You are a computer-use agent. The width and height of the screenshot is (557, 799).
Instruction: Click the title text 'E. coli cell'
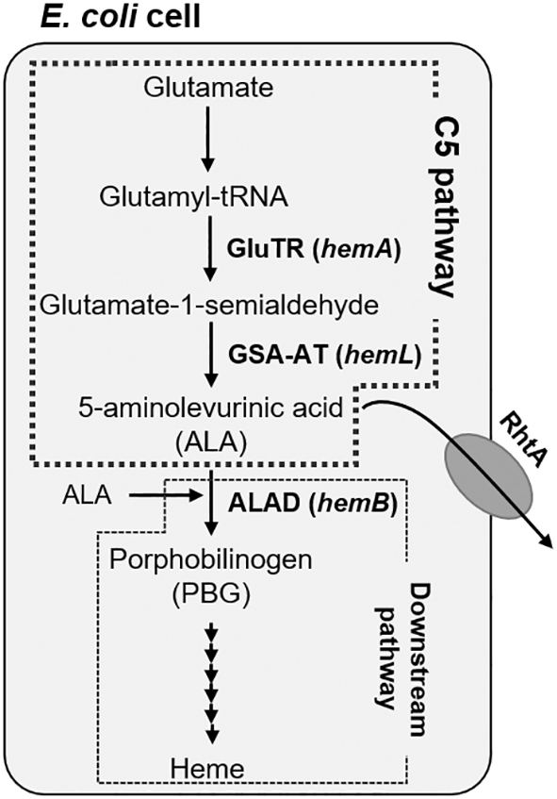pyautogui.click(x=120, y=16)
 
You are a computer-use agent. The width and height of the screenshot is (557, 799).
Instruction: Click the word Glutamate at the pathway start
pyautogui.click(x=208, y=87)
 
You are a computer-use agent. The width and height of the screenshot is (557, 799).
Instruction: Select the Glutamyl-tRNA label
pyautogui.click(x=194, y=197)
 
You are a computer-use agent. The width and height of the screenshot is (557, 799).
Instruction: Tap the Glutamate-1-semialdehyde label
pyautogui.click(x=209, y=306)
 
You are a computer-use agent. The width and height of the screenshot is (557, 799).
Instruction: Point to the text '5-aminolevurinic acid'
pyautogui.click(x=211, y=408)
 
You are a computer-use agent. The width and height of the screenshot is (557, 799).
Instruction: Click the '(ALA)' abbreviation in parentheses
pyautogui.click(x=211, y=441)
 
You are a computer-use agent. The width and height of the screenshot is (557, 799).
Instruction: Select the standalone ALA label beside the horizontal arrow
pyautogui.click(x=87, y=495)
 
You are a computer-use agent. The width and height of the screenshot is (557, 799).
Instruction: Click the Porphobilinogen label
pyautogui.click(x=211, y=559)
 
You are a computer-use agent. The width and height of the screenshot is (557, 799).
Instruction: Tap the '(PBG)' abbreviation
pyautogui.click(x=211, y=593)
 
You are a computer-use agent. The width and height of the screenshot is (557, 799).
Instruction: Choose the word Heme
pyautogui.click(x=207, y=768)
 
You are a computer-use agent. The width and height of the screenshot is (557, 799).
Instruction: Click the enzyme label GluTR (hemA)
pyautogui.click(x=314, y=249)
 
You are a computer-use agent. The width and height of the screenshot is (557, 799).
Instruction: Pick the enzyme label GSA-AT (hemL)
pyautogui.click(x=325, y=356)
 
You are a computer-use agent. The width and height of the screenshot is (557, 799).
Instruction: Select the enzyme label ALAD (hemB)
pyautogui.click(x=313, y=503)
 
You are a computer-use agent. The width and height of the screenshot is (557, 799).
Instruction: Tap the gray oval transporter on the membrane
pyautogui.click(x=489, y=476)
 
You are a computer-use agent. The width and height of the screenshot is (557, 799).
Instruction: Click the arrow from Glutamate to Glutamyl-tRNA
pyautogui.click(x=207, y=138)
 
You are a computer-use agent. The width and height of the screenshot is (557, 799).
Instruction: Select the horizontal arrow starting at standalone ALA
pyautogui.click(x=162, y=494)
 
